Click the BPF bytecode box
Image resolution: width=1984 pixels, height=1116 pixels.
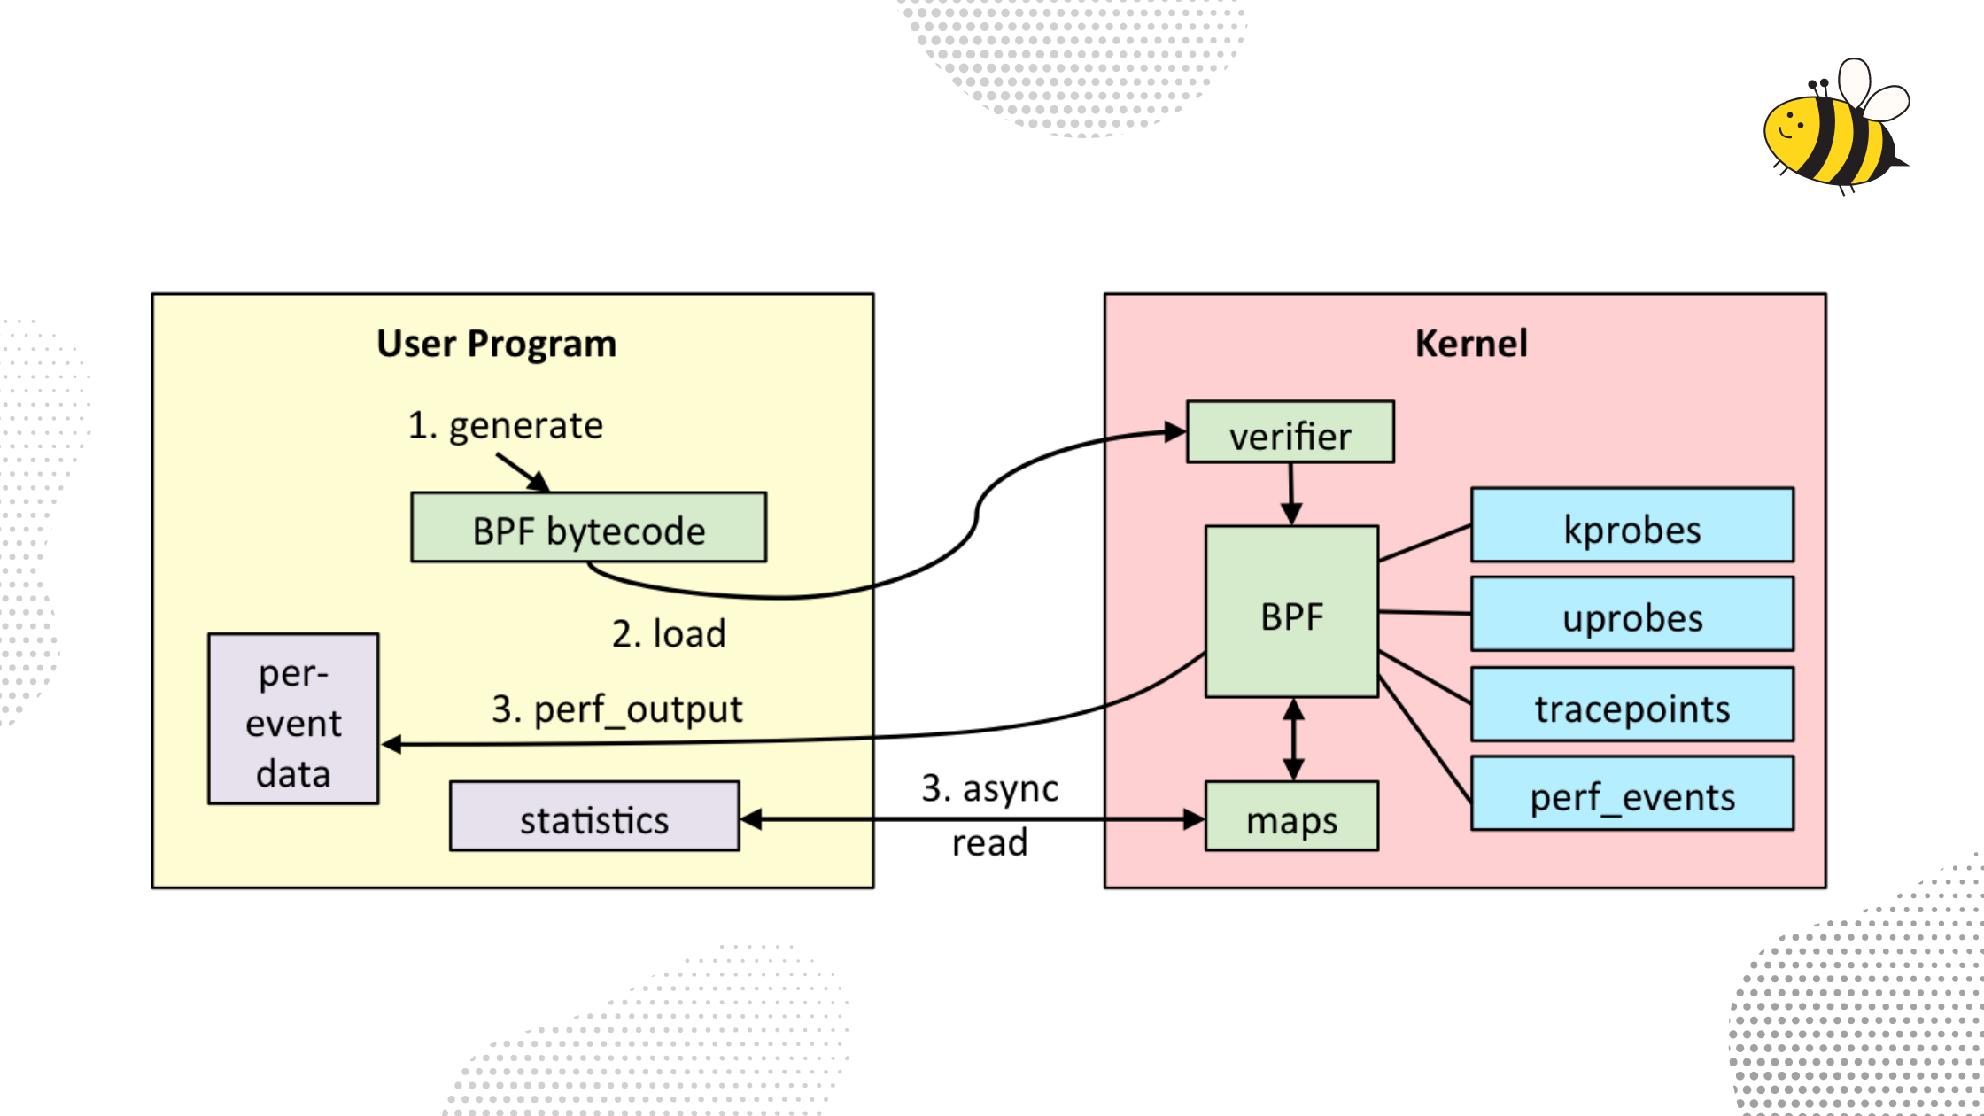click(x=588, y=528)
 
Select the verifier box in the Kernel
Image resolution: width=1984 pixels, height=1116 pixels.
click(x=1290, y=432)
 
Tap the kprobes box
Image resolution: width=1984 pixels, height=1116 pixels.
click(x=1631, y=525)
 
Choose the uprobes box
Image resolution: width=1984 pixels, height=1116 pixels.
click(x=1631, y=614)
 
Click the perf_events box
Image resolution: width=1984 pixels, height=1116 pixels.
click(x=1631, y=794)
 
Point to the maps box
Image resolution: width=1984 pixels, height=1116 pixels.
click(x=1290, y=817)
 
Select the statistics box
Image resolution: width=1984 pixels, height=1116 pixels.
click(x=593, y=817)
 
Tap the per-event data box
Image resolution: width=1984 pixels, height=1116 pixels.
click(x=293, y=719)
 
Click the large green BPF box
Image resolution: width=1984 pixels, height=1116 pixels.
click(x=1290, y=613)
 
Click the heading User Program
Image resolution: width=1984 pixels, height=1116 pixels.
click(x=496, y=344)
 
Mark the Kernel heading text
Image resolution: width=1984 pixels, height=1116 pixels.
click(x=1470, y=344)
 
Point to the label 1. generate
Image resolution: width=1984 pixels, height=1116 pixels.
click(x=505, y=426)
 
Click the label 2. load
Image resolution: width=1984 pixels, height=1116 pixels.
click(x=669, y=634)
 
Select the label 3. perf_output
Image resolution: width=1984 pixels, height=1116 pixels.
click(x=616, y=709)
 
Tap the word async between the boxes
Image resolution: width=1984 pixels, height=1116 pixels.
click(x=1010, y=788)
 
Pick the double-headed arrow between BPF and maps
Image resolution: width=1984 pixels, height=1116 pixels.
click(x=1293, y=739)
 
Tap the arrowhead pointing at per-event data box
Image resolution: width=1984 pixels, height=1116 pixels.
click(x=391, y=744)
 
